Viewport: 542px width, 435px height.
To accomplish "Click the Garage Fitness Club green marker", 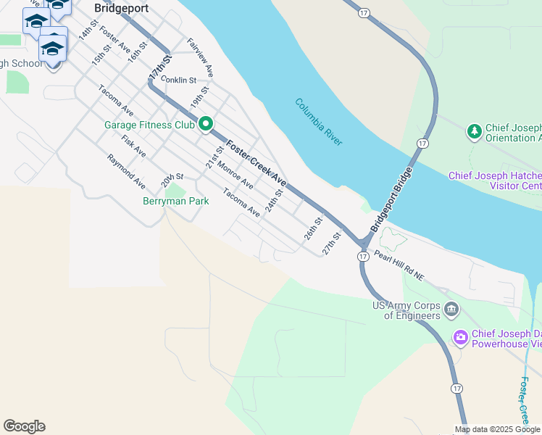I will [x=206, y=125].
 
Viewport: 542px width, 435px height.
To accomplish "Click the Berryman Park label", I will [x=175, y=201].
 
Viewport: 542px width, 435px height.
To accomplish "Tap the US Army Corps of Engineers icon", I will [x=451, y=310].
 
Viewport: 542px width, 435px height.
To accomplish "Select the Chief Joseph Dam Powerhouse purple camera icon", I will [x=460, y=337].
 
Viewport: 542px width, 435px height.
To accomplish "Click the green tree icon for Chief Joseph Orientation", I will [x=475, y=131].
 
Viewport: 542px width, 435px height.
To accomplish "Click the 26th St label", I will [x=312, y=228].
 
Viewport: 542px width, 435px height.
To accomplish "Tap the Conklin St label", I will [x=179, y=80].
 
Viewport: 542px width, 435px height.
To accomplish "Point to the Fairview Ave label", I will [x=200, y=58].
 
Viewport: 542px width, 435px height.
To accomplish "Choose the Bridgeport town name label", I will [x=121, y=9].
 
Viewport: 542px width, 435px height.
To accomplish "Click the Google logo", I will [x=24, y=426].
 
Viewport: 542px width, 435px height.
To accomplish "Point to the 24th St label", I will [x=273, y=201].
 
